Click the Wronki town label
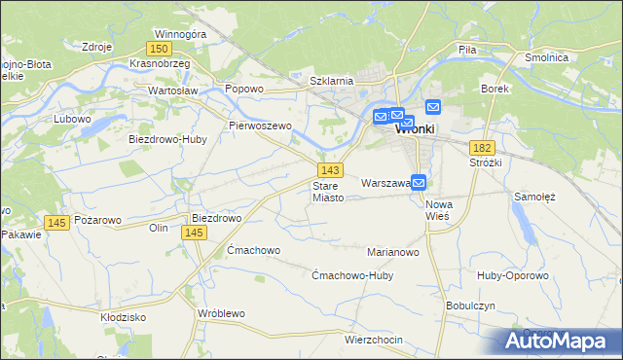pyautogui.click(x=415, y=128)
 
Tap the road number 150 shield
pyautogui.click(x=161, y=48)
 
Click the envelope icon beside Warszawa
pyautogui.click(x=419, y=182)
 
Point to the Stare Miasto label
pyautogui.click(x=328, y=191)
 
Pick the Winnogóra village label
pyautogui.click(x=180, y=33)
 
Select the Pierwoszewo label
pyautogui.click(x=260, y=126)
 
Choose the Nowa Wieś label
pyautogui.click(x=440, y=210)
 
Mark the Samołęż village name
pyautogui.click(x=534, y=196)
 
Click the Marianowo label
pyautogui.click(x=392, y=252)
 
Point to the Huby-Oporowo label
pyautogui.click(x=513, y=275)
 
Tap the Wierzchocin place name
pyautogui.click(x=374, y=339)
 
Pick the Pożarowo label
pyautogui.click(x=98, y=220)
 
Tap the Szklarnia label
pyautogui.click(x=330, y=81)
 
